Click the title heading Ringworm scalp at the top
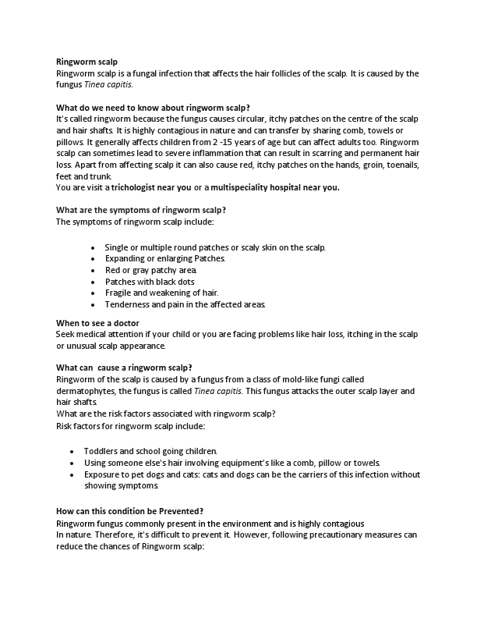(x=87, y=62)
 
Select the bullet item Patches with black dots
(x=150, y=281)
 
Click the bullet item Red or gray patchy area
(x=146, y=270)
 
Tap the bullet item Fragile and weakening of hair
(x=156, y=293)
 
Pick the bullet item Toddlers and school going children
(x=150, y=451)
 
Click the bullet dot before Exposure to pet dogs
(x=72, y=474)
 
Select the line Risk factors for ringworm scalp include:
(x=131, y=426)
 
